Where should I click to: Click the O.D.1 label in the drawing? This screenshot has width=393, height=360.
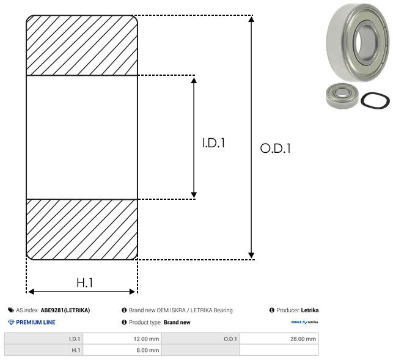(x=276, y=148)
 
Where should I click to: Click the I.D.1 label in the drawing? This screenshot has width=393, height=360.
(x=213, y=143)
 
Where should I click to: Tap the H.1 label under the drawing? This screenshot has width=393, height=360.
(x=85, y=283)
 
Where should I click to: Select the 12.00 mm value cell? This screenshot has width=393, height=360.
(x=122, y=339)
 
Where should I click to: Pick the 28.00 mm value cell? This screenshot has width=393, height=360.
(x=279, y=339)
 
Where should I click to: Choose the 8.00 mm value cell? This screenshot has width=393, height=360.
(x=122, y=350)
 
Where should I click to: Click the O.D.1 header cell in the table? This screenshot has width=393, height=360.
(x=200, y=339)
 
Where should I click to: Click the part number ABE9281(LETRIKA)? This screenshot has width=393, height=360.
(x=65, y=310)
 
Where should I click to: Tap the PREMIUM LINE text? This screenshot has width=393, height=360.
(x=35, y=322)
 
